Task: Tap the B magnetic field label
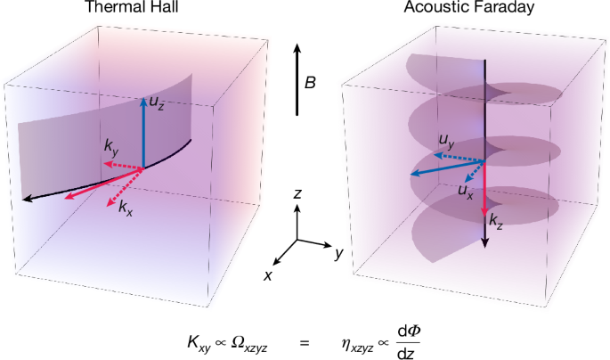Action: [309, 83]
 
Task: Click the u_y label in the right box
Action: [447, 140]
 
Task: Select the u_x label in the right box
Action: [466, 190]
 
